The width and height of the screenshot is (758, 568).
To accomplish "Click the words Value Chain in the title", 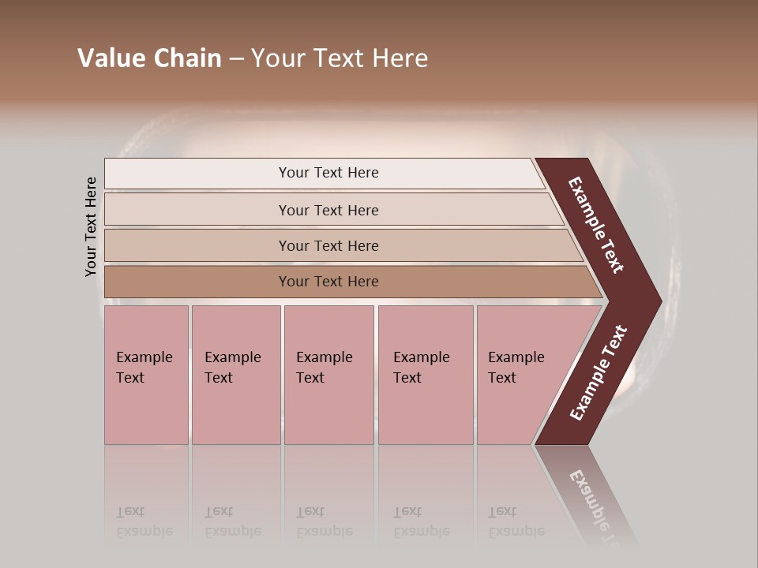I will pos(149,58).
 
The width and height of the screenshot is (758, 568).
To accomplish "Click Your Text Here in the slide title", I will pos(339,58).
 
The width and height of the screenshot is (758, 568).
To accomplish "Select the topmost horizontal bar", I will pos(328,173).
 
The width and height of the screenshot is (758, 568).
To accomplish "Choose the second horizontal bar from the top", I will pos(328,210).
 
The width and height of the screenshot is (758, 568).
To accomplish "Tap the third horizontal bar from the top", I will pos(328,245).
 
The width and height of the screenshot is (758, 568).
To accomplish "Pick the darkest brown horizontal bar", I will pos(328,282).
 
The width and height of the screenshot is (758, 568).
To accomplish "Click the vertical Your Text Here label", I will pos(91,226).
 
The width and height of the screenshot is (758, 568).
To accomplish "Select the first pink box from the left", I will pos(146,375).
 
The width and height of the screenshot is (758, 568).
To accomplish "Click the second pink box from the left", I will pos(235,375).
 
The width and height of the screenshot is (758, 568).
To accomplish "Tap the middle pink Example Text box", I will pos(328,375).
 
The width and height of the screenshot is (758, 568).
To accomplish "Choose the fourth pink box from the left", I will pos(425,375).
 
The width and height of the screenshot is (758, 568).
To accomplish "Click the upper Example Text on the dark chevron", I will pos(596,226).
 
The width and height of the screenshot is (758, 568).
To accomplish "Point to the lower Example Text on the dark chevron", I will pos(598,372).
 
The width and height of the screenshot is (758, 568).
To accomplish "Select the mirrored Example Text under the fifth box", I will pos(516,521).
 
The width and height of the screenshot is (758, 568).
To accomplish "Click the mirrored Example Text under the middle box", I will pos(324,521).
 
